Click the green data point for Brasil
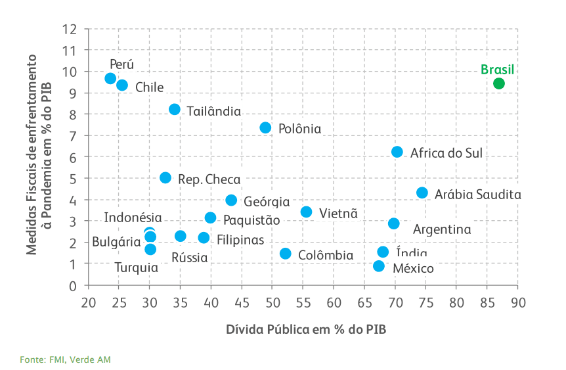pos(499,83)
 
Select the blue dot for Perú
pos(110,78)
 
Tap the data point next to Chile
pos(122,85)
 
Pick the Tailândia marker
pos(175,109)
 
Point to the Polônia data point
pos(265,127)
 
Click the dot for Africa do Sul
pos(397,152)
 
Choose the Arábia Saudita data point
pos(422,193)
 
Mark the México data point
pos(379,266)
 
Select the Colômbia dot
pos(286,254)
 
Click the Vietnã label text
pos(338,213)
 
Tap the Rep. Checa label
pos(209,179)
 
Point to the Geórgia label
pos(267,202)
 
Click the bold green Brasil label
pos(497,70)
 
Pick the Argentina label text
pos(442,230)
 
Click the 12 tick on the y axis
pos(70,29)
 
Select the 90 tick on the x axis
pos(518,302)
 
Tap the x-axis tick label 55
pos(303,302)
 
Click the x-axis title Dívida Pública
pos(306,329)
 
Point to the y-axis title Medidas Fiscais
pos(39,154)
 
